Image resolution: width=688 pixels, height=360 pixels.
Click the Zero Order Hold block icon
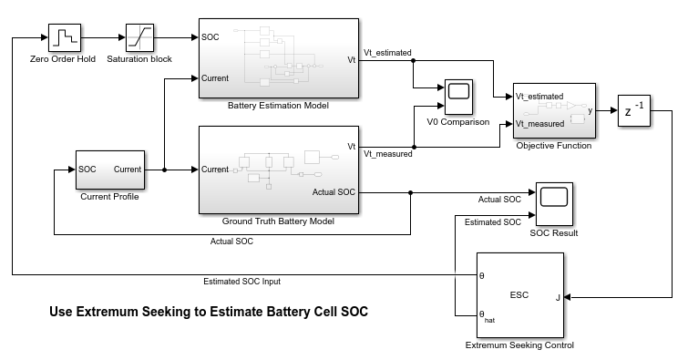point(65,37)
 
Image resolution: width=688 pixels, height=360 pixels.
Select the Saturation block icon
point(140,37)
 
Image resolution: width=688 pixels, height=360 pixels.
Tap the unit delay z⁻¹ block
point(634,110)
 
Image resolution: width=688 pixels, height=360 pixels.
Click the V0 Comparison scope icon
point(458,97)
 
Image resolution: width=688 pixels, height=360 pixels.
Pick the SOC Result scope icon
point(554,204)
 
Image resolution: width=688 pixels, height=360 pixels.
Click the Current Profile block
point(110,170)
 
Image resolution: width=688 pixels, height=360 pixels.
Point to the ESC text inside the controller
point(519,295)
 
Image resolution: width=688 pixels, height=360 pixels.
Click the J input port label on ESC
point(558,298)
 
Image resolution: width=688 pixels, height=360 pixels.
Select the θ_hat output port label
point(487,316)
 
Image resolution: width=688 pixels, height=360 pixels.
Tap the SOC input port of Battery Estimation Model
point(211,37)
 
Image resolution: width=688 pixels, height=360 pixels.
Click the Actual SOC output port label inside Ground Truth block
point(334,192)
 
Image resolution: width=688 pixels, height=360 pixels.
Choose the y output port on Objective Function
point(590,110)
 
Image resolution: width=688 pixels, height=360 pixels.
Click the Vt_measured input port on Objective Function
point(539,124)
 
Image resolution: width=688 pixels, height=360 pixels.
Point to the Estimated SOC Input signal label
point(241,282)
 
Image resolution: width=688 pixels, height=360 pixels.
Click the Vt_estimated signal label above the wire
point(387,53)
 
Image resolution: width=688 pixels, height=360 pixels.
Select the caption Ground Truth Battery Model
point(278,221)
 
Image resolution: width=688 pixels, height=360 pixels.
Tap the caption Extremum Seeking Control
point(519,345)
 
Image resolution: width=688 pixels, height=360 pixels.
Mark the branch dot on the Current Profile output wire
point(165,170)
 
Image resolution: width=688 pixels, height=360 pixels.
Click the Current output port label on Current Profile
point(128,170)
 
